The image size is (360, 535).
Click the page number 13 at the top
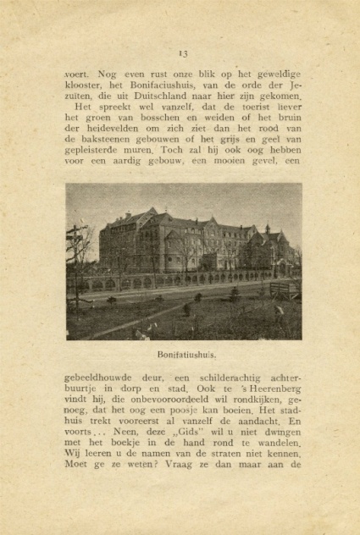(182, 54)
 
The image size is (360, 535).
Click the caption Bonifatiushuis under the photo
(186, 355)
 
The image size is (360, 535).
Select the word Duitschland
(140, 98)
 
